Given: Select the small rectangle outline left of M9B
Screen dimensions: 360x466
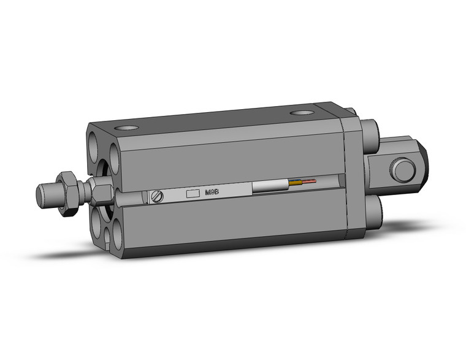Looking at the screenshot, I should point(193,194).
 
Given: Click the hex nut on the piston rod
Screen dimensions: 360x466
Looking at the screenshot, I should point(67,193).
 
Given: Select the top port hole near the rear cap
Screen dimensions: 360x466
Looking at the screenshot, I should point(301,113).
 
